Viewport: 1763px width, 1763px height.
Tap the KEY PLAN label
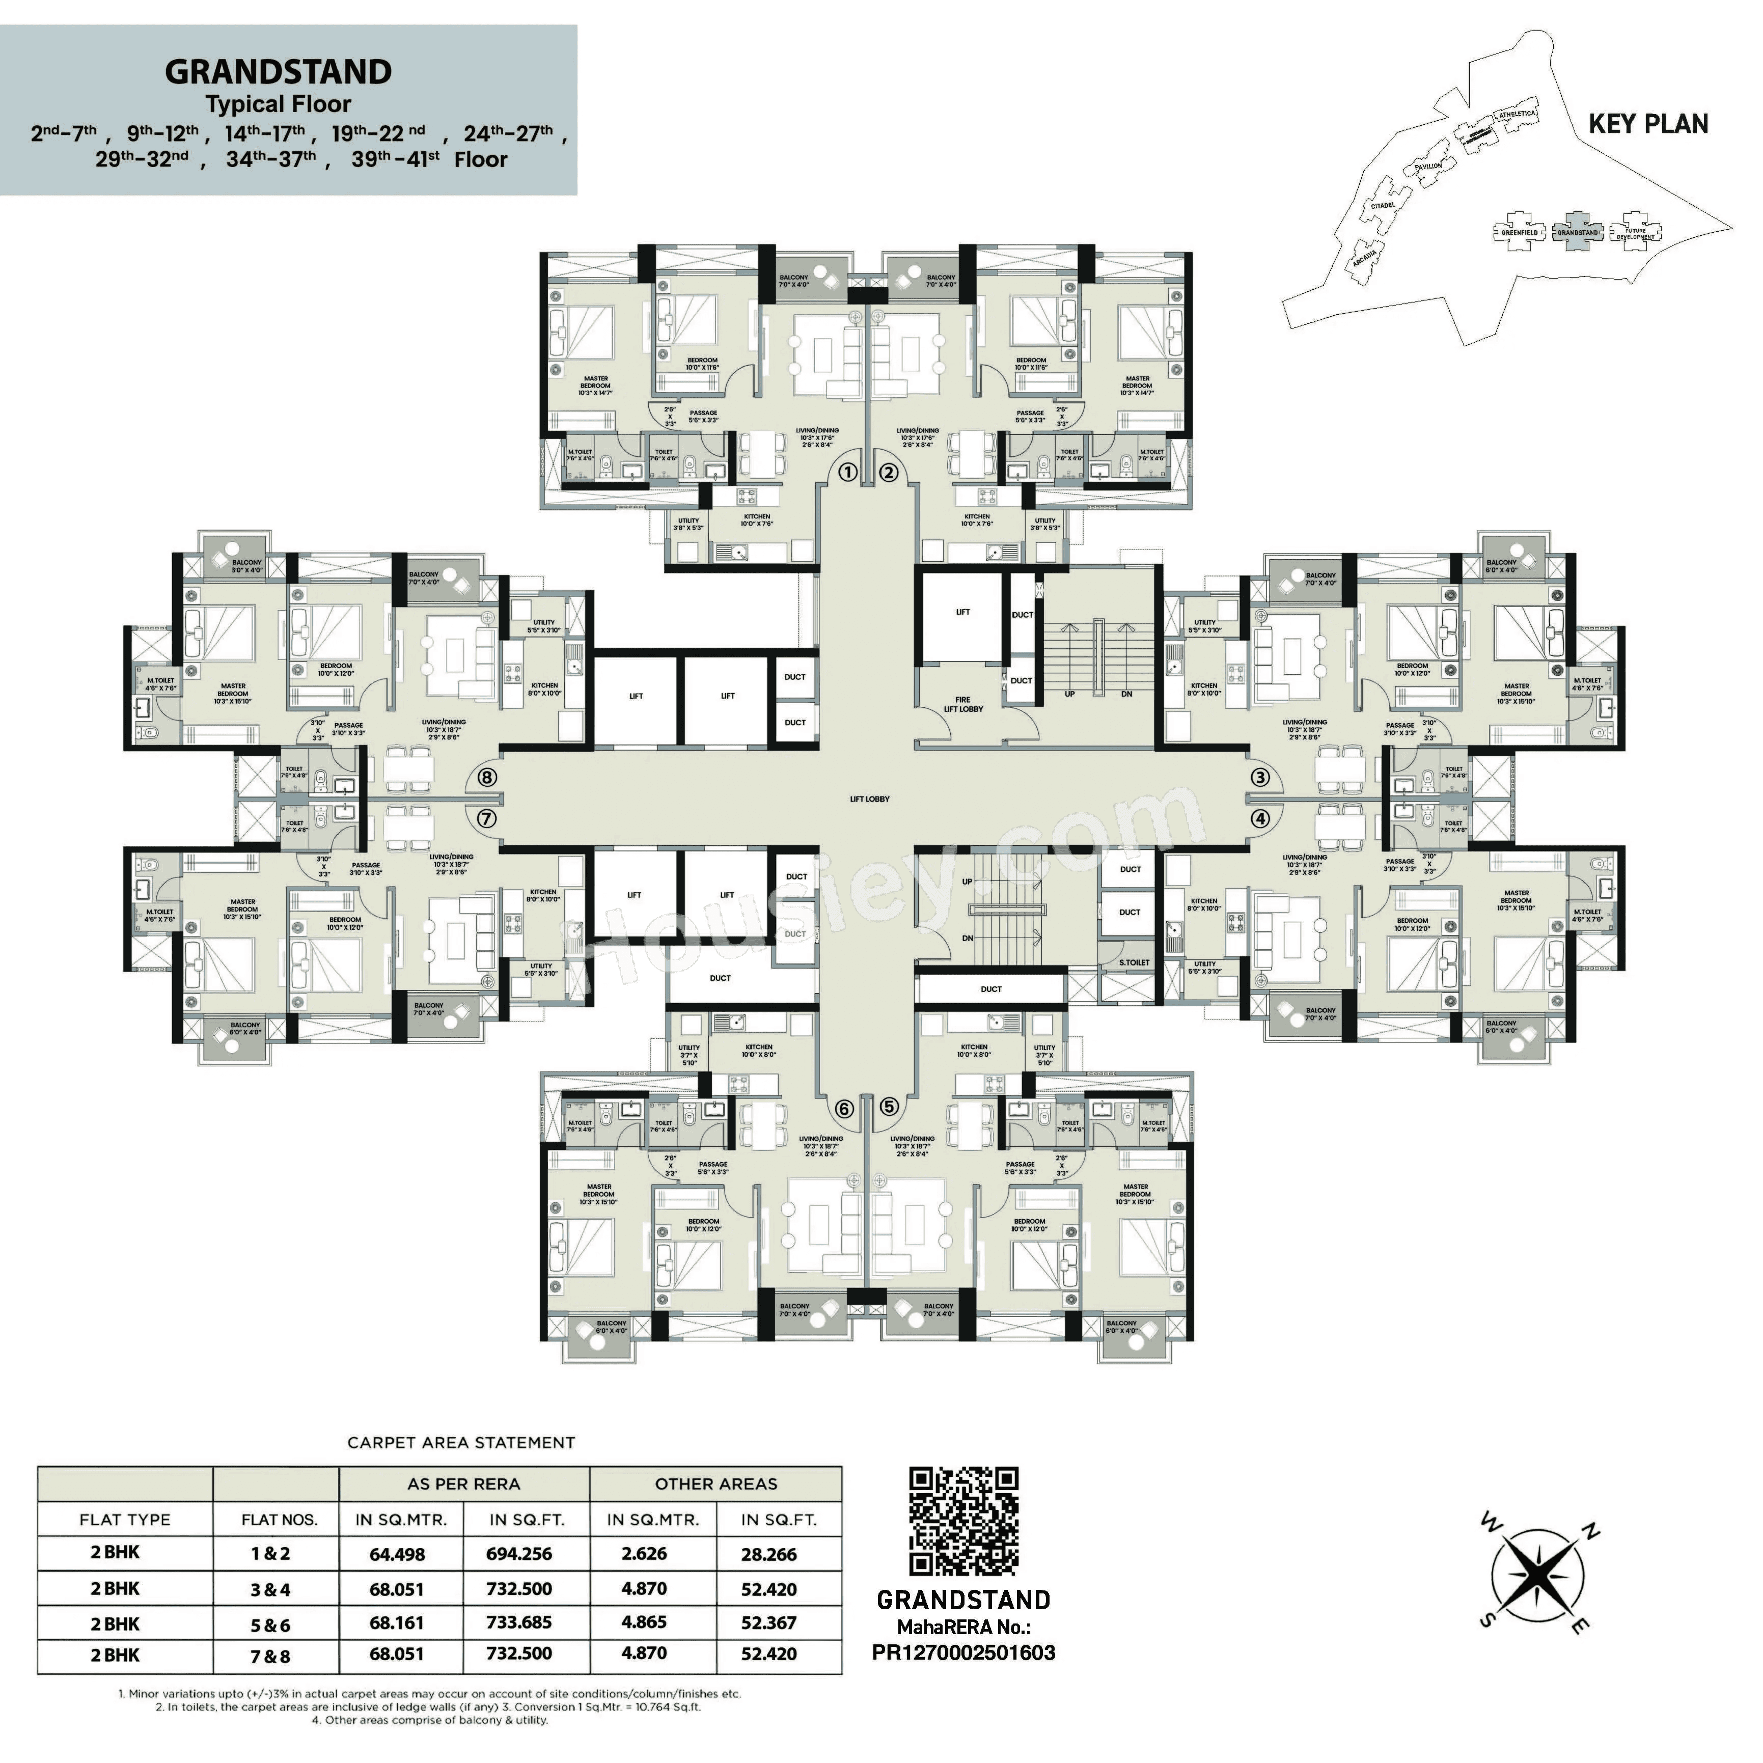(x=1648, y=124)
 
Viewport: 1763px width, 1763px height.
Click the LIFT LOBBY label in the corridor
(x=869, y=800)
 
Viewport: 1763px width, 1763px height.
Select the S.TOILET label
(x=1134, y=962)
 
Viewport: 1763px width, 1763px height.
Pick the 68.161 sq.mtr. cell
(x=396, y=1622)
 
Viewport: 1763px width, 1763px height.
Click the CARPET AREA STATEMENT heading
(x=461, y=1443)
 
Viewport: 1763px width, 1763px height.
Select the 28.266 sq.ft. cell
(x=768, y=1554)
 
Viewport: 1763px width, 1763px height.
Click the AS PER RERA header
(x=463, y=1484)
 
